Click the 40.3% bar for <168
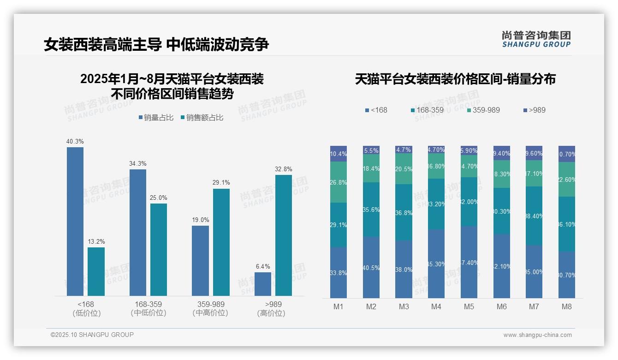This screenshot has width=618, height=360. (75, 222)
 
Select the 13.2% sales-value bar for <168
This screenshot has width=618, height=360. (96, 271)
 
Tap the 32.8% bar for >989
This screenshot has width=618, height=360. (283, 235)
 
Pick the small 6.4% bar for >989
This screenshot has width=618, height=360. (263, 284)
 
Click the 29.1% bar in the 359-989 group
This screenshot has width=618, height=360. (221, 242)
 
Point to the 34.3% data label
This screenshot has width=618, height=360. (137, 163)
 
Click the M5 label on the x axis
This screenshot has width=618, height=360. (469, 306)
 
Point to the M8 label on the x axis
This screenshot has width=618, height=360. (567, 306)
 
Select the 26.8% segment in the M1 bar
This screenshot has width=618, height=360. (339, 182)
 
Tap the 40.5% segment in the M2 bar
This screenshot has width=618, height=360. (371, 267)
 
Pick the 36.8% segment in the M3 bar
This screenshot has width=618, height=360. (404, 212)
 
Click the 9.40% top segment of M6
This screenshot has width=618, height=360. (502, 153)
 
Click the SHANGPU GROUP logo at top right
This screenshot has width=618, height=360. (536, 39)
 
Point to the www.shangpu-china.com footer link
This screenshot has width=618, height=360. (537, 335)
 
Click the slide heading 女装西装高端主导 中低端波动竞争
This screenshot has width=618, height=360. (156, 45)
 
